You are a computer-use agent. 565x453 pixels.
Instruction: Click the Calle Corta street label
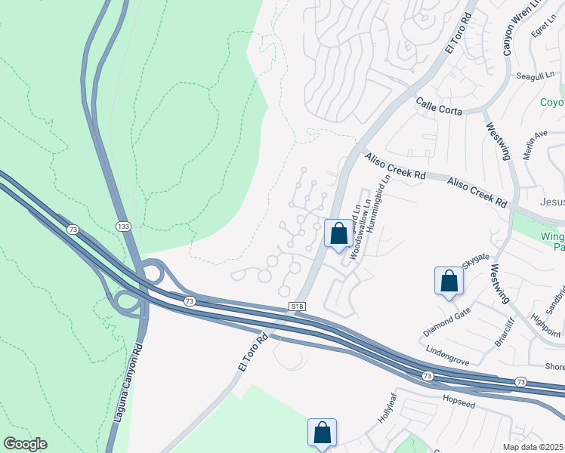point(439,106)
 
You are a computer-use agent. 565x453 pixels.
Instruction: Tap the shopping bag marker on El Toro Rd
point(338,233)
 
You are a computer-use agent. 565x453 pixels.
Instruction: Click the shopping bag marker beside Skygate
point(449,281)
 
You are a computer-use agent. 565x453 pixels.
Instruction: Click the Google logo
point(25,444)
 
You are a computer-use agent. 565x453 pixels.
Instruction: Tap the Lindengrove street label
point(453,352)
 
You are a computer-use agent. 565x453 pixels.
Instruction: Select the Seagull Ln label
point(536,76)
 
